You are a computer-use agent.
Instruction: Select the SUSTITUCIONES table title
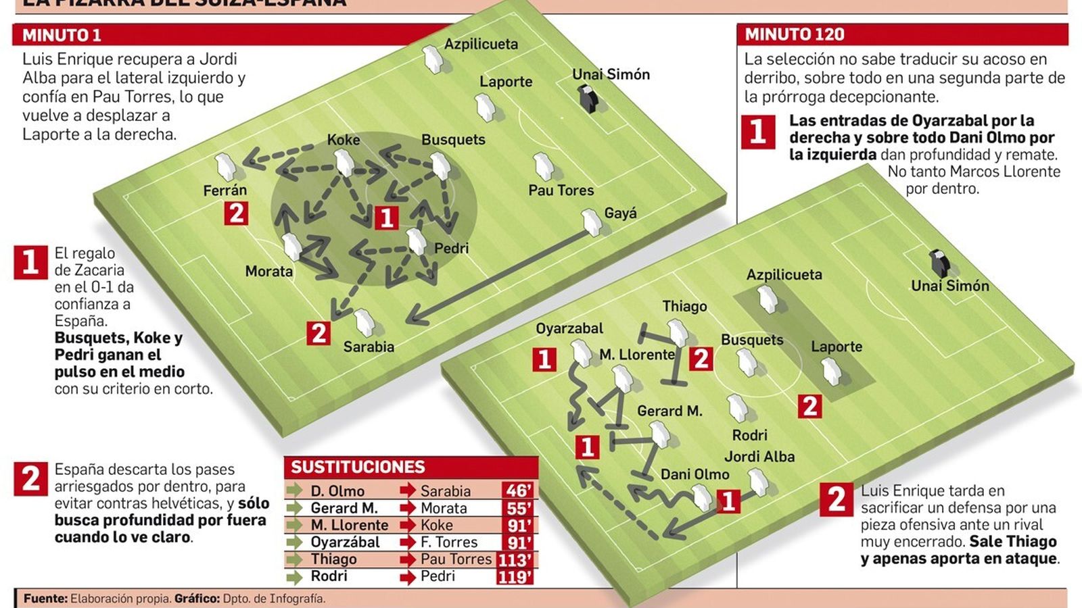[358, 467]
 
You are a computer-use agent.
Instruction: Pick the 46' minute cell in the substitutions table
[517, 491]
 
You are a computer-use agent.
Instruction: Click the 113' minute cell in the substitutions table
[515, 559]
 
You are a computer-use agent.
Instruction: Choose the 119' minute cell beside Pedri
[515, 576]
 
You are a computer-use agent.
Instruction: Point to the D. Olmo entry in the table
[337, 491]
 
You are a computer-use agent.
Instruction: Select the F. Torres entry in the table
[448, 542]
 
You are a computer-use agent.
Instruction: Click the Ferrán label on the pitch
[225, 191]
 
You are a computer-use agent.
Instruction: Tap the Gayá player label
[620, 213]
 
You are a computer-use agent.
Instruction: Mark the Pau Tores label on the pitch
[561, 191]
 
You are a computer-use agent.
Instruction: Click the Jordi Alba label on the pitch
[759, 457]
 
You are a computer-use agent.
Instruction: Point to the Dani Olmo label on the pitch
[695, 474]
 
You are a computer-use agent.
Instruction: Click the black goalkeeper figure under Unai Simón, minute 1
[588, 99]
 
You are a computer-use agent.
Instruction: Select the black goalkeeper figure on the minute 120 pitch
[939, 263]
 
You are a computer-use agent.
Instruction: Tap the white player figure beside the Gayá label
[592, 222]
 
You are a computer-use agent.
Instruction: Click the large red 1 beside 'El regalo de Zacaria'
[30, 262]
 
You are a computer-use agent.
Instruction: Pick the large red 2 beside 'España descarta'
[31, 479]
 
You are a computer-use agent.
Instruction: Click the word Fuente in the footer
[45, 599]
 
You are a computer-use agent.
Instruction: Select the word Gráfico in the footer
[197, 599]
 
